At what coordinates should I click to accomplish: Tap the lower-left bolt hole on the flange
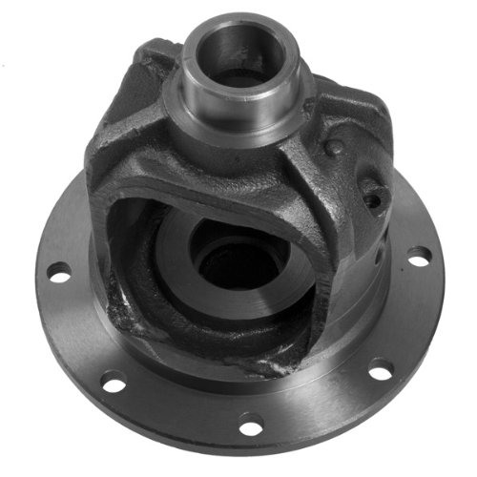coord(113,384)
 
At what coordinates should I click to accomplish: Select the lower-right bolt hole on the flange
coord(381,370)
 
